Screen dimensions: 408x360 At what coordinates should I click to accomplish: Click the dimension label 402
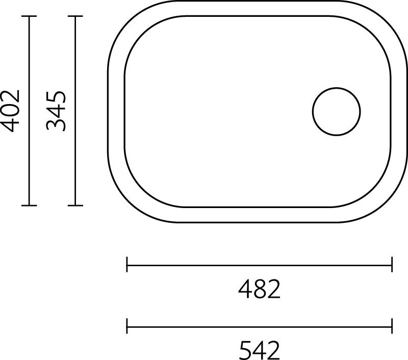[10, 111]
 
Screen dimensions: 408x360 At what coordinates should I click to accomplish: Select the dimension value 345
[56, 111]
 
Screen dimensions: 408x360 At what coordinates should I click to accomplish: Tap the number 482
[259, 289]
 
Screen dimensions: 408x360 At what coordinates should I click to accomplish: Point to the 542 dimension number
[259, 350]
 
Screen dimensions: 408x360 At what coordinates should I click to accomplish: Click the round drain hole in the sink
[336, 111]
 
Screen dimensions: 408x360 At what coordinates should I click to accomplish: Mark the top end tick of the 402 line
[29, 16]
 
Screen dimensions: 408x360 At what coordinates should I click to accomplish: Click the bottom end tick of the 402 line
[29, 205]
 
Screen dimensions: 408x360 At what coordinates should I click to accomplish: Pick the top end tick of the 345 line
[75, 16]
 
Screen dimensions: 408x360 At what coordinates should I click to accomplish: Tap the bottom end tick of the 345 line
[75, 205]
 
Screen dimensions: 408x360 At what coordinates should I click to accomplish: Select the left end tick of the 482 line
[126, 265]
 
